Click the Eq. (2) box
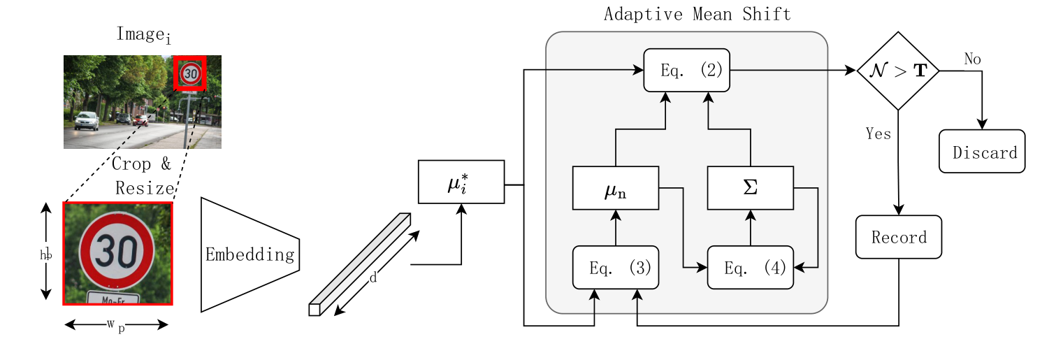coord(686,70)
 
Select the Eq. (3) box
coord(615,268)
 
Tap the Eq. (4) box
coord(751,268)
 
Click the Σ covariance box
coord(751,188)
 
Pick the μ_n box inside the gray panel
coord(615,188)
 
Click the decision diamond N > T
coord(898,71)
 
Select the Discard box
coord(981,152)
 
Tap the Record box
coord(899,237)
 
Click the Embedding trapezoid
coord(250,254)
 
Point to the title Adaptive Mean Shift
coord(697,14)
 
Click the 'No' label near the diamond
coord(972,59)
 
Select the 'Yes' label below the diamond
coord(878,134)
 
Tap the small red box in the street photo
coord(190,73)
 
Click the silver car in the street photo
coord(87,120)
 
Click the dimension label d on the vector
coord(373,278)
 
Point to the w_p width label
coord(116,326)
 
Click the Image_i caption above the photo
coord(143,35)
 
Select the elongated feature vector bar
coord(360,264)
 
